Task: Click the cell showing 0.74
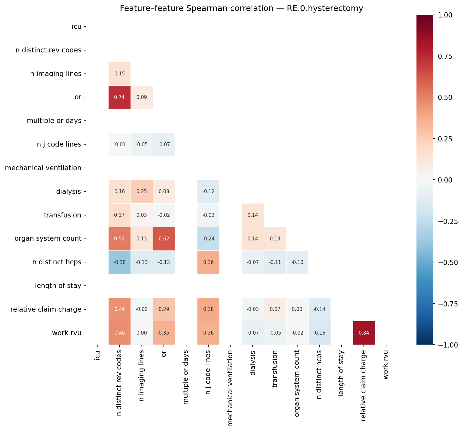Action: coord(120,97)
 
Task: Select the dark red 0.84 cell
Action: coord(364,333)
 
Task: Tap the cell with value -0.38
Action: coord(120,262)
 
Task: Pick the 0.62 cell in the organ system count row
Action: coord(164,239)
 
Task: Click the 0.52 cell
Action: coord(120,239)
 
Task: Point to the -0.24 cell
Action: coord(208,239)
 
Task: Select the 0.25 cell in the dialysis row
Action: coord(142,192)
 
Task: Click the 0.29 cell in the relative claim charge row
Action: coord(164,309)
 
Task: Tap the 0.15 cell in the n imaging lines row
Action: coord(120,74)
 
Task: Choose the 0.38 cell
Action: coord(208,309)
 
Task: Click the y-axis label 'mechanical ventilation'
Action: coord(43,168)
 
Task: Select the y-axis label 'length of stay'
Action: coord(58,286)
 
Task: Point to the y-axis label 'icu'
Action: coord(77,27)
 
